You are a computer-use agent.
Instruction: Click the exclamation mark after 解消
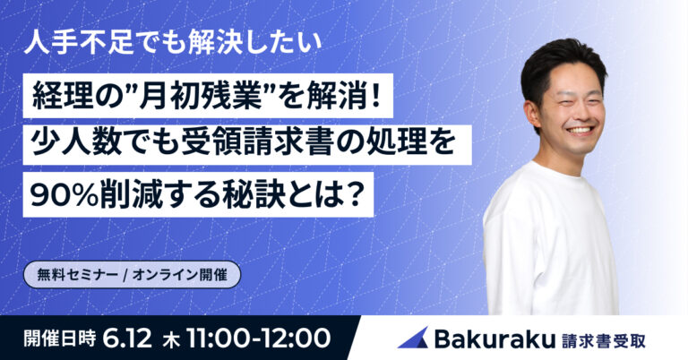tap(374, 96)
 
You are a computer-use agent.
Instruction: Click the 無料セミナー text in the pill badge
tap(78, 275)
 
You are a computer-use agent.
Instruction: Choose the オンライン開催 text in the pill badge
tap(179, 275)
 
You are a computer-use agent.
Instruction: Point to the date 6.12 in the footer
tap(128, 339)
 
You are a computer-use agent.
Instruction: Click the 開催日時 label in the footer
tap(60, 339)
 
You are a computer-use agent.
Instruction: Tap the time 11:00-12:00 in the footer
tap(259, 339)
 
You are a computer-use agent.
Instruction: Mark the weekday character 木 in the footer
tap(170, 339)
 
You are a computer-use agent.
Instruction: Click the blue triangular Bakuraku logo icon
tap(414, 338)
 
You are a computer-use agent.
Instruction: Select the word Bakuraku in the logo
tap(494, 339)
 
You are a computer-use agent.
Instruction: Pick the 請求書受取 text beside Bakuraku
tap(603, 340)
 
